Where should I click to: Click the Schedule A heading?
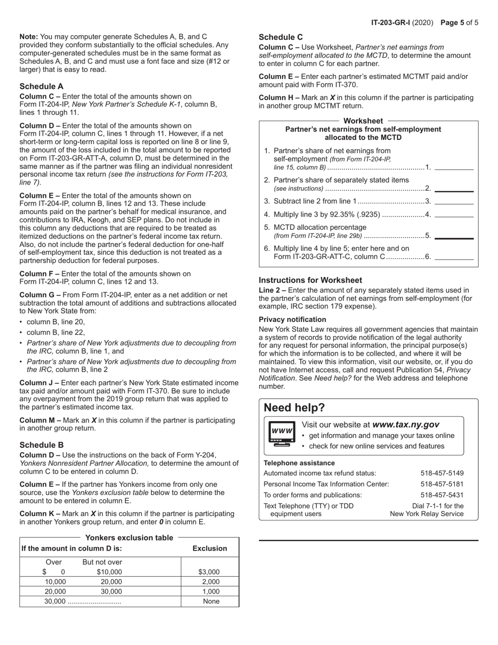[41, 86]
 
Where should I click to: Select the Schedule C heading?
[280, 37]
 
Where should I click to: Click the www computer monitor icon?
[282, 433]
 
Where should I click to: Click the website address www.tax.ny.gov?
[406, 425]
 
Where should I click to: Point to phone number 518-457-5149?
[442, 473]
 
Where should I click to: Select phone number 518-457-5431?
[442, 495]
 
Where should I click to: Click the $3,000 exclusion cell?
[210, 572]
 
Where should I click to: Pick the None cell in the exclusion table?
[211, 601]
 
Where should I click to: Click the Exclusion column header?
[210, 549]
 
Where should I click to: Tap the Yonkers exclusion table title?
[129, 537]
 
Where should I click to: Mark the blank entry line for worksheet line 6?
[454, 257]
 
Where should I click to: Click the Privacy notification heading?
[292, 319]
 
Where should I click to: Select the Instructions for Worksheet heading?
[310, 280]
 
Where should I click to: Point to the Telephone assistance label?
[299, 463]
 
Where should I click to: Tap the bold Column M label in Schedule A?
[39, 420]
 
